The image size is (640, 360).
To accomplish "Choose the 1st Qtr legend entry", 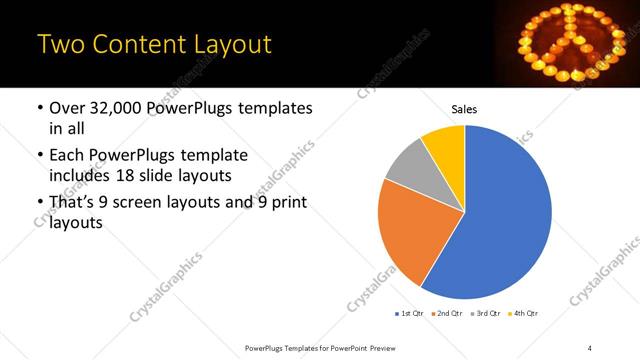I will (x=410, y=314).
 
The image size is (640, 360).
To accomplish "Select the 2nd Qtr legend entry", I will (x=448, y=314).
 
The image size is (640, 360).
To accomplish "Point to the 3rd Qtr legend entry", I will (x=487, y=314).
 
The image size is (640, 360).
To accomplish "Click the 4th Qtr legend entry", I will (x=525, y=314).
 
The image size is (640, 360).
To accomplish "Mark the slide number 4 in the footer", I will (x=589, y=348).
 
